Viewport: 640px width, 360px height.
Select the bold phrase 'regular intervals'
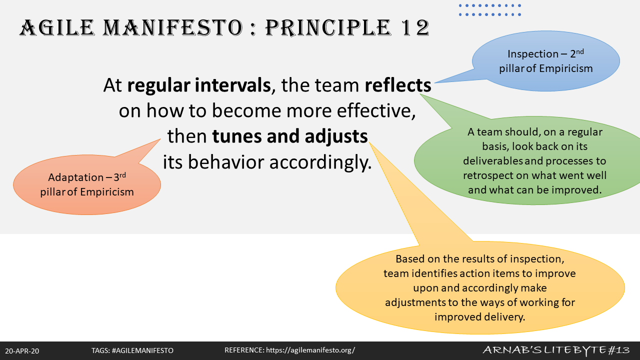[x=198, y=85]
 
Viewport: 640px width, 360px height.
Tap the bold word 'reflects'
[x=397, y=85]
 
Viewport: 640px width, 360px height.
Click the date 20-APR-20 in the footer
[x=22, y=351]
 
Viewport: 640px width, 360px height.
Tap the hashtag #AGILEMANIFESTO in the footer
[x=142, y=351]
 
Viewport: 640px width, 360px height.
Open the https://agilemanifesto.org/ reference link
[x=310, y=350]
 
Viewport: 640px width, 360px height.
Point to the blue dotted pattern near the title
[x=490, y=10]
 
